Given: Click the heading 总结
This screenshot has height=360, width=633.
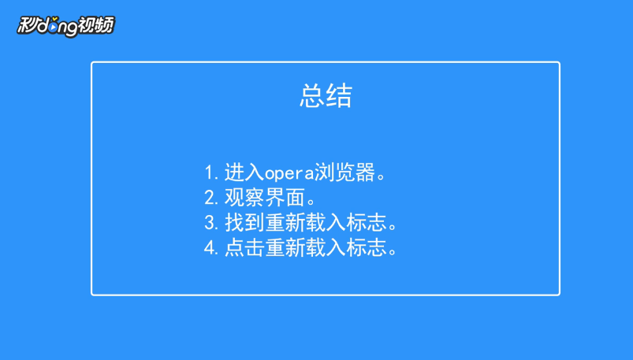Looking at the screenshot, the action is tap(326, 95).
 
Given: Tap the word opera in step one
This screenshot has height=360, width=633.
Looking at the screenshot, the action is tap(289, 173).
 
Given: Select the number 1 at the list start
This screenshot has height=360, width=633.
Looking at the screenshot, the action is tap(209, 173).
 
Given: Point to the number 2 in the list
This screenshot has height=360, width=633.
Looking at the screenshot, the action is tap(210, 198).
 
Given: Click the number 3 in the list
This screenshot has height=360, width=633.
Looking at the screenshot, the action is tap(210, 223).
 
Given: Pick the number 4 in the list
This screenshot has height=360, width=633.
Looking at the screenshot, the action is tap(210, 248).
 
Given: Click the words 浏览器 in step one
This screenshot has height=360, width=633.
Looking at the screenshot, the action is tap(344, 173).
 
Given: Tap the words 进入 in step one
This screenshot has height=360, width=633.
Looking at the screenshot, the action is tap(244, 173).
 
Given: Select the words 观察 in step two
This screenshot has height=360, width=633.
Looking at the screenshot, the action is tap(244, 198).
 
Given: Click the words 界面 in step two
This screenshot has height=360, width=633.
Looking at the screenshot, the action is tap(285, 198).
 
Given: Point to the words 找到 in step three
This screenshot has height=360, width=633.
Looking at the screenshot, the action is tap(244, 223).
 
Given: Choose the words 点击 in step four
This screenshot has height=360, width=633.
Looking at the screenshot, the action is tap(244, 248).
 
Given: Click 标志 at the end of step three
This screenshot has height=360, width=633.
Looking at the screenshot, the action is tap(366, 223).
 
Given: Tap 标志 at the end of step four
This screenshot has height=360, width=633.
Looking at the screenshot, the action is tap(366, 248).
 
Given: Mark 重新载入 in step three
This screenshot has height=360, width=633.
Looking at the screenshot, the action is tap(306, 223).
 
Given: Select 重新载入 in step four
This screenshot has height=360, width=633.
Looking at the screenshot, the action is tap(306, 248).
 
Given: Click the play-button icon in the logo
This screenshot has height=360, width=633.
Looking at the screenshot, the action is tap(54, 27).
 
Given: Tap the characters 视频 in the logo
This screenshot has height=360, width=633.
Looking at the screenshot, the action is tap(96, 25).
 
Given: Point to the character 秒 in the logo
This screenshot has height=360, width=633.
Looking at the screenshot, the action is tap(27, 25).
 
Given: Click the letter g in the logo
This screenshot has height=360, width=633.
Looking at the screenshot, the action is tap(69, 28).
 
